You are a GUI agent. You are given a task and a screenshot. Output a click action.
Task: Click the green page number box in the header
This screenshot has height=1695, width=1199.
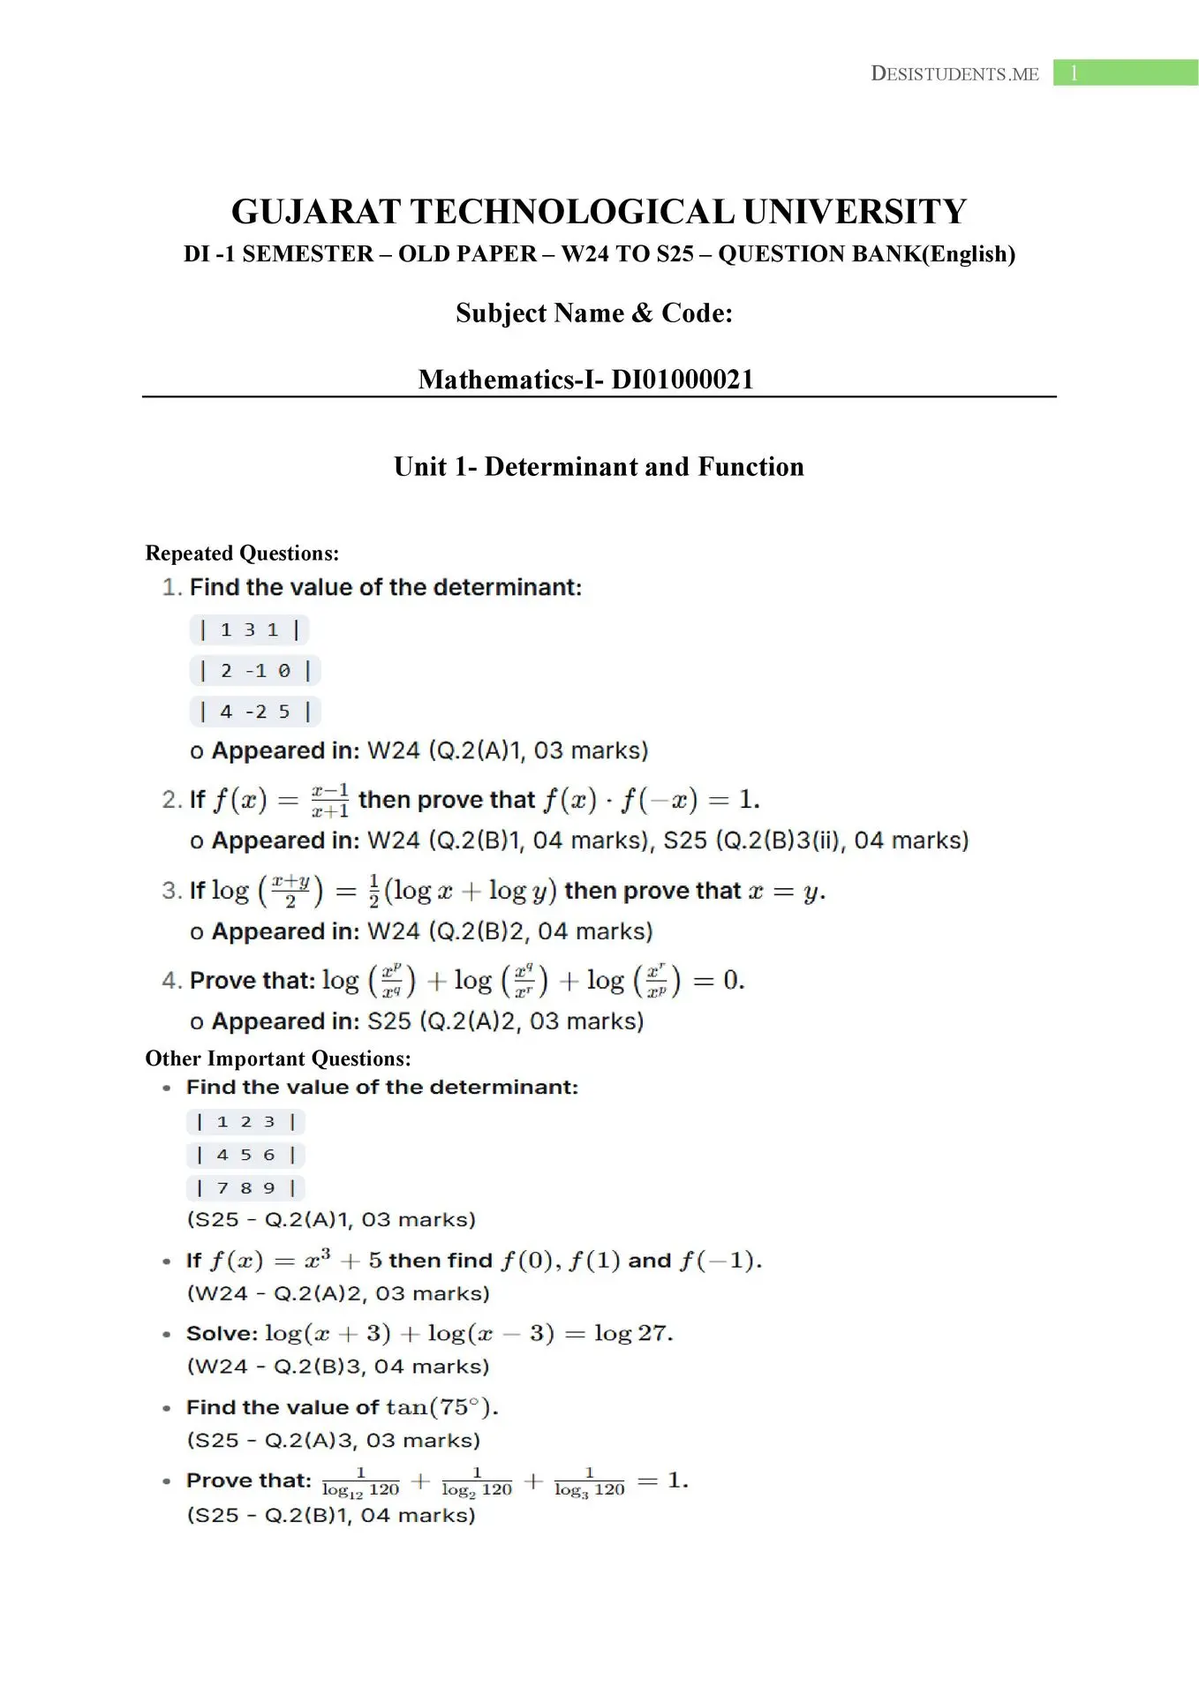click(1125, 72)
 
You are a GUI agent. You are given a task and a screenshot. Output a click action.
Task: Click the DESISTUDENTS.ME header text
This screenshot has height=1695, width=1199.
click(954, 73)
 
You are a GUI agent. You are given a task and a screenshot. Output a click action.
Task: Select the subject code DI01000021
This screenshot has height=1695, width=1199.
click(682, 380)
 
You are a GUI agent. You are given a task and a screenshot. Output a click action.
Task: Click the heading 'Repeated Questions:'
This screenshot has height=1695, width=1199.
click(242, 554)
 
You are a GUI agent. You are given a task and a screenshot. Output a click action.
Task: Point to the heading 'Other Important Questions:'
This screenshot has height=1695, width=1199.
click(278, 1058)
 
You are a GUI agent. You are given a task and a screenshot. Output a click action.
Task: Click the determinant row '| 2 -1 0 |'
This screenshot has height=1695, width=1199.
click(254, 671)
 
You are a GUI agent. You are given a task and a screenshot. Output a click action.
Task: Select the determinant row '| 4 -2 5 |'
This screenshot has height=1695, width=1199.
click(254, 712)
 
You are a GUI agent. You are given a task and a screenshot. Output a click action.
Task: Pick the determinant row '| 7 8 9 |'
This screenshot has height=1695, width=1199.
click(245, 1188)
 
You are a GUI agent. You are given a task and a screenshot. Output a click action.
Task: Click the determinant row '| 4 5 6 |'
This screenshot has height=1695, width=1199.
click(245, 1155)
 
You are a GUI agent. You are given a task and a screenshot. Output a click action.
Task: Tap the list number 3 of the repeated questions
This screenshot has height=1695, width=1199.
click(170, 890)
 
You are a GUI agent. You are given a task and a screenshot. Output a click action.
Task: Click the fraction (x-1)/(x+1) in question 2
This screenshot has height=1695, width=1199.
click(330, 801)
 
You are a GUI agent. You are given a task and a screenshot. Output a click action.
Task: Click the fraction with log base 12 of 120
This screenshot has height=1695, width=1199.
click(360, 1482)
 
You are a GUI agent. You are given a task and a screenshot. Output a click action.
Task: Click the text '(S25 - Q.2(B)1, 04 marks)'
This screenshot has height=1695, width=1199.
click(331, 1516)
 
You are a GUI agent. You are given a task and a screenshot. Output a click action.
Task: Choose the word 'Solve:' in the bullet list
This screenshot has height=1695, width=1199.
click(222, 1334)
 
